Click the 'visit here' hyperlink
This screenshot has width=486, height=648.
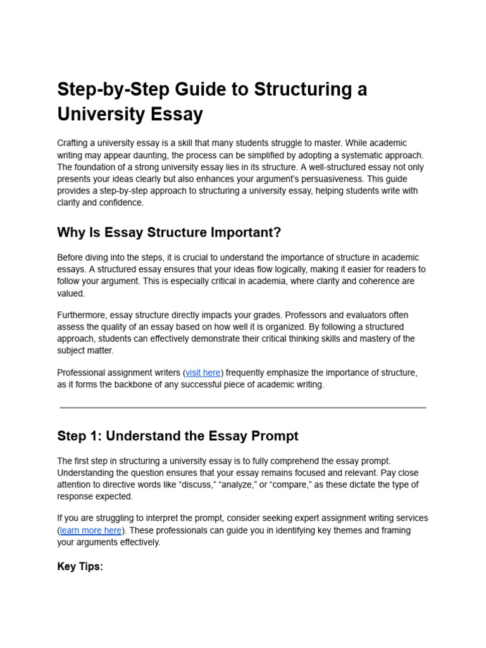(x=203, y=373)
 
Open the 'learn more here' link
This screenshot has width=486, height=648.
(x=90, y=530)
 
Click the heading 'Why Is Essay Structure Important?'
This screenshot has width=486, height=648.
(x=169, y=232)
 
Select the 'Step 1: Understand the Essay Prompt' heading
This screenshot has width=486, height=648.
(x=177, y=436)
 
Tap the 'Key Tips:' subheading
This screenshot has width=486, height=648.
(x=80, y=566)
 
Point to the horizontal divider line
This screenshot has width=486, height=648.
(x=243, y=408)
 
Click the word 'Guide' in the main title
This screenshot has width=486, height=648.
(x=189, y=89)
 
